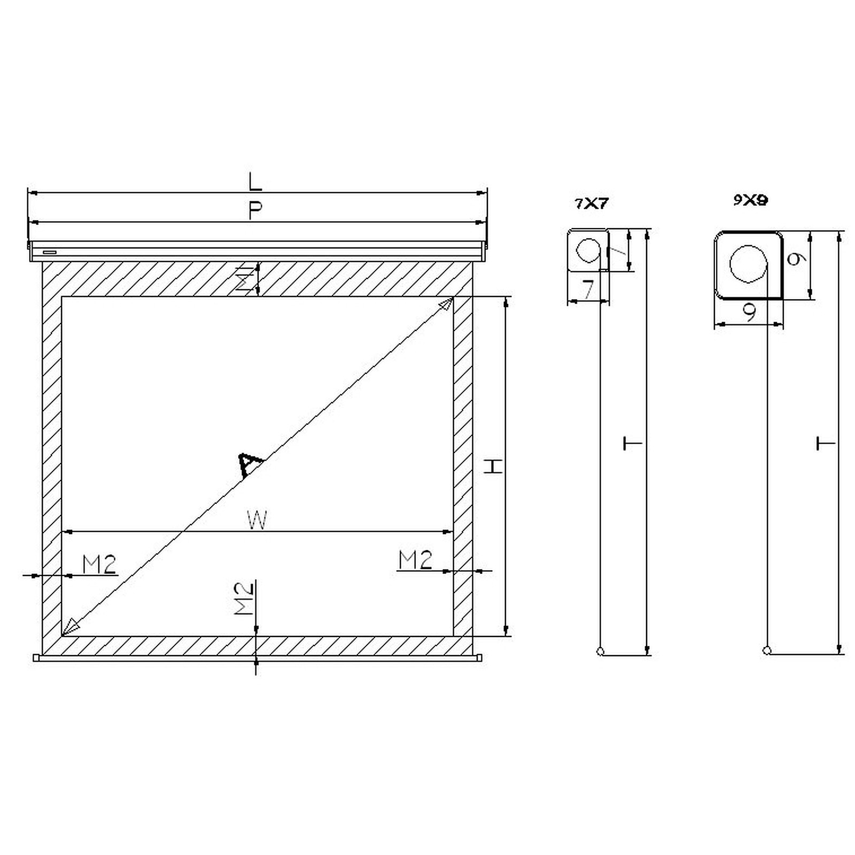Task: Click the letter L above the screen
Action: [255, 181]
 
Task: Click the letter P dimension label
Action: [255, 211]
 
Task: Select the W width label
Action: [257, 519]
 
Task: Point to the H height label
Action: [493, 466]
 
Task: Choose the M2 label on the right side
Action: [415, 560]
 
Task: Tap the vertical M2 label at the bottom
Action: [244, 598]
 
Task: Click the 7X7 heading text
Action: [592, 203]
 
